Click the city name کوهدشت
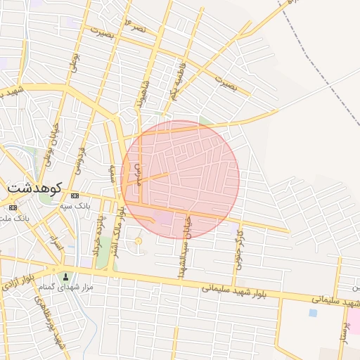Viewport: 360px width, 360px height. click(x=34, y=188)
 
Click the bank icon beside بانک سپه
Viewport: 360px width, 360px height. click(x=75, y=195)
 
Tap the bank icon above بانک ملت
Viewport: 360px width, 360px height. click(x=13, y=207)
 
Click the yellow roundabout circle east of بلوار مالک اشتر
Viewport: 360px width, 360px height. click(x=138, y=242)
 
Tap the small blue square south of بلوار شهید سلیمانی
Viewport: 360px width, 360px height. click(x=313, y=312)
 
